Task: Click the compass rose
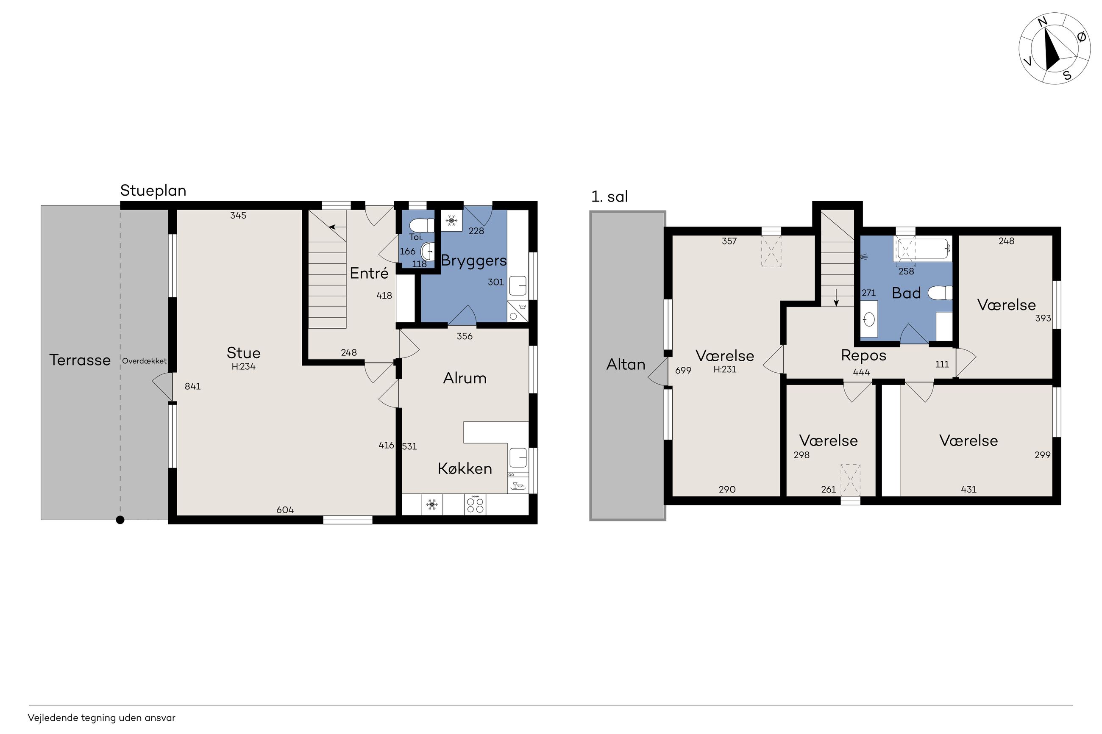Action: (1054, 48)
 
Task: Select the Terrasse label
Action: (80, 360)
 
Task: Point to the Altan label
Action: (626, 364)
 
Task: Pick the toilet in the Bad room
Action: (940, 293)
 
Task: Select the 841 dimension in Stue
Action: (192, 386)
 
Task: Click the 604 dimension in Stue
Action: (285, 510)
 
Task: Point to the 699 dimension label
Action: (683, 370)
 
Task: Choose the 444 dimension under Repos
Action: (861, 372)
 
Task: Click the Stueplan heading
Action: (153, 191)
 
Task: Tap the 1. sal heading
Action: (609, 197)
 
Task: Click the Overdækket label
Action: (144, 361)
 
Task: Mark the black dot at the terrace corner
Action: (120, 520)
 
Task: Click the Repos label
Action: (864, 356)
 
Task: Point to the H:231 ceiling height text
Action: (724, 369)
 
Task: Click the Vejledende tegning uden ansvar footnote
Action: (102, 717)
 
